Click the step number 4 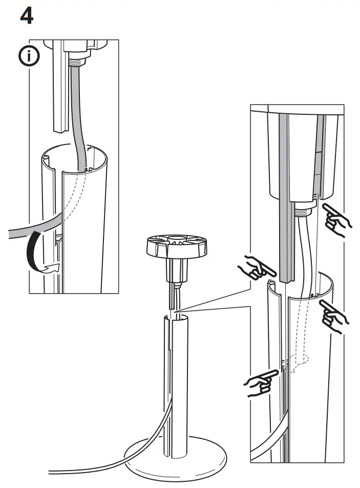point(27,16)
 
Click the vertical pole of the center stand point(177,384)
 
